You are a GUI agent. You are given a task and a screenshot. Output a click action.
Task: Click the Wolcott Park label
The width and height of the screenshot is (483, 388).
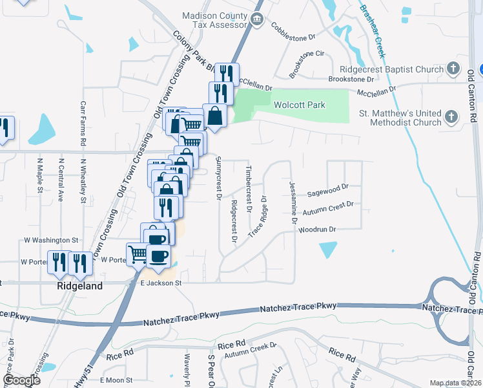click(299, 105)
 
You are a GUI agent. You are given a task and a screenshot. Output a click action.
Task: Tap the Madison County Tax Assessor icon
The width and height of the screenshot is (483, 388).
click(257, 19)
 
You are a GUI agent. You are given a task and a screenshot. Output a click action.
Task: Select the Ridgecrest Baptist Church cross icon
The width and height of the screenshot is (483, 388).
click(453, 69)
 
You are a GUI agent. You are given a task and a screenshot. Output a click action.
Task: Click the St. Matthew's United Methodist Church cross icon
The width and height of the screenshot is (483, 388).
click(451, 117)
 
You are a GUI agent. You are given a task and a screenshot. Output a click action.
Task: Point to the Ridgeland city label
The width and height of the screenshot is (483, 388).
click(80, 286)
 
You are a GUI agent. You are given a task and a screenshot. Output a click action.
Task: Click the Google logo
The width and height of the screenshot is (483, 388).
click(21, 380)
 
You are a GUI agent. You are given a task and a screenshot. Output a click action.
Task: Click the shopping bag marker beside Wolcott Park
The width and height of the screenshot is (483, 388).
click(214, 116)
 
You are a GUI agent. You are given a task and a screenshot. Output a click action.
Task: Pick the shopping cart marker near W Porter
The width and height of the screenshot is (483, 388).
click(138, 254)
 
